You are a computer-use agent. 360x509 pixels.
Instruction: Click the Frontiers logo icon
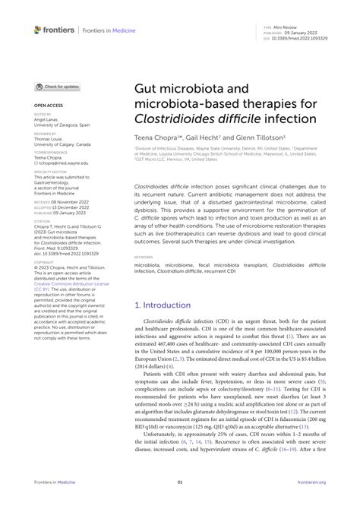(x=38, y=29)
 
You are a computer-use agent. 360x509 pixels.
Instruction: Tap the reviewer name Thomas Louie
(x=50, y=138)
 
